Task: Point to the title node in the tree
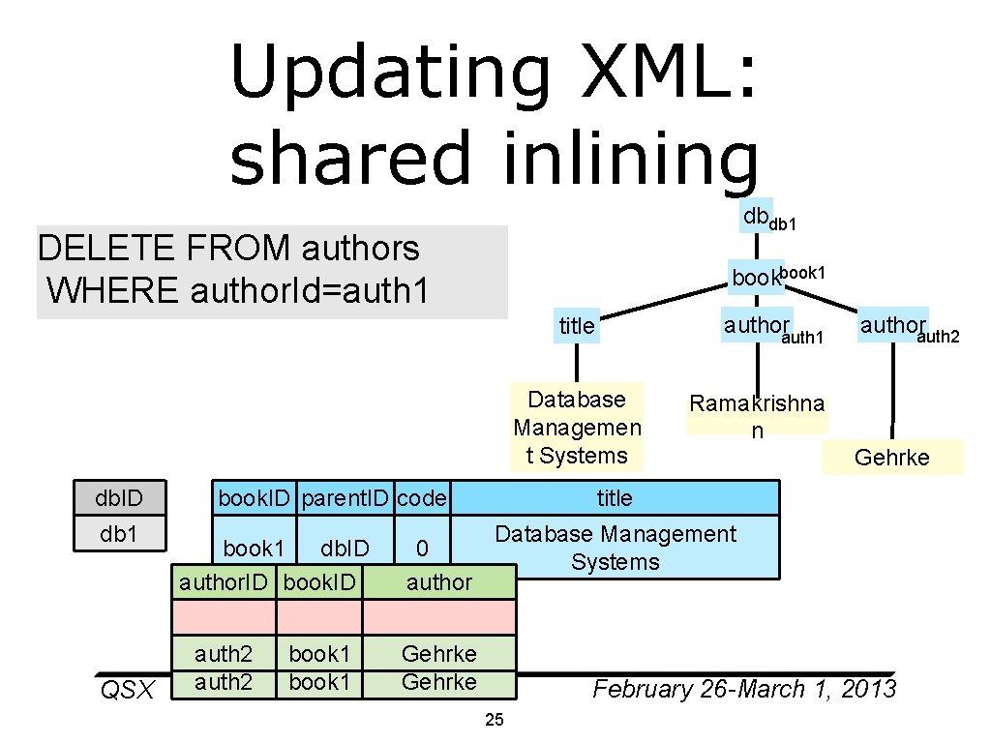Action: coord(577,327)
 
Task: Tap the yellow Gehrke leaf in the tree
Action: coord(891,458)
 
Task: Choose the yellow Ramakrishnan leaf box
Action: coord(757,416)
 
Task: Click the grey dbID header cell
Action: coord(119,498)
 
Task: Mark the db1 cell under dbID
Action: coord(119,534)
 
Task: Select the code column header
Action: coord(422,498)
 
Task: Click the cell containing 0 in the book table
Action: coord(422,549)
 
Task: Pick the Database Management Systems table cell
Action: coord(615,548)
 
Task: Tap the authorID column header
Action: coord(224,582)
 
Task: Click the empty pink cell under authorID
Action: coord(224,617)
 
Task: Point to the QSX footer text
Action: coord(128,690)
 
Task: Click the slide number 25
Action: coord(495,720)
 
